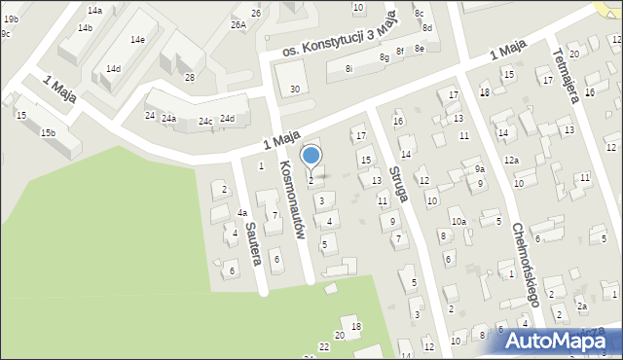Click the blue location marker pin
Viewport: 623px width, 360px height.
click(x=311, y=158)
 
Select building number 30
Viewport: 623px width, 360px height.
click(x=295, y=90)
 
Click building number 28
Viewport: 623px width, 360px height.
click(x=189, y=77)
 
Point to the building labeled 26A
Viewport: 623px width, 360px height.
click(x=238, y=25)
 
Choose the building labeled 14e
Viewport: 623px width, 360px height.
click(x=138, y=39)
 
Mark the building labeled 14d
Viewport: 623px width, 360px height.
click(x=114, y=69)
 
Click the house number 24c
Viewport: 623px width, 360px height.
click(x=204, y=122)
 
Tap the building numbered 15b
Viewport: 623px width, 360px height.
click(x=48, y=132)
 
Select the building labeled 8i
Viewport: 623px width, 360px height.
click(x=348, y=68)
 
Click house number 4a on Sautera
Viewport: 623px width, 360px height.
click(x=243, y=212)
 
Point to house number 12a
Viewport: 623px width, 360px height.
click(x=511, y=160)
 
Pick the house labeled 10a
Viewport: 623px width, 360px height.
click(x=458, y=222)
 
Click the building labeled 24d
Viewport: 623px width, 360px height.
click(x=228, y=118)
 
